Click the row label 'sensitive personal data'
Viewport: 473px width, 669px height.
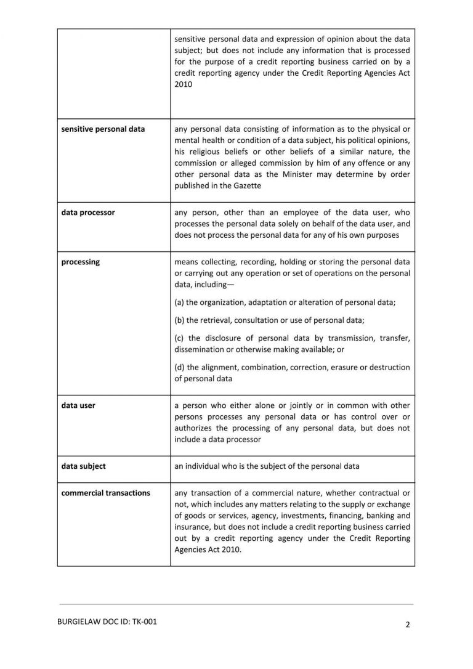click(x=103, y=129)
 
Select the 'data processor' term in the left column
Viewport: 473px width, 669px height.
click(x=88, y=213)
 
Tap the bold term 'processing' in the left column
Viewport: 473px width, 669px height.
click(x=81, y=262)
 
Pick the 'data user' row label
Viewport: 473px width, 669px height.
click(x=78, y=405)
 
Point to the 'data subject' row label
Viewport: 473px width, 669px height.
click(x=83, y=466)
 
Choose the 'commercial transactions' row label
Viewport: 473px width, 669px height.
click(x=105, y=492)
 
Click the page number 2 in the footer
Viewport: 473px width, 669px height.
click(x=408, y=624)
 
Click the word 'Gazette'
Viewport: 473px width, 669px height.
click(x=246, y=185)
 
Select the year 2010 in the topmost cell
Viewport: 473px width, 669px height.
click(x=184, y=84)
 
